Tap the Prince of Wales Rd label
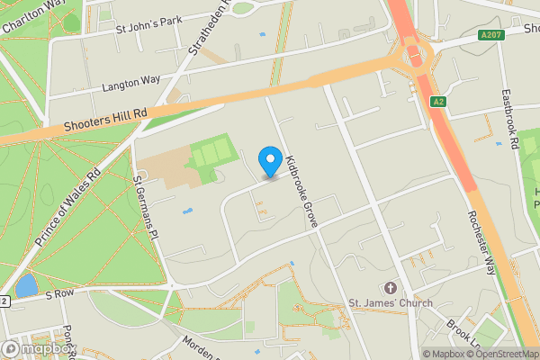tap(68, 209)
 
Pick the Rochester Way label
tap(482, 241)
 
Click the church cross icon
tap(390, 288)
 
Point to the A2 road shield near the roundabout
tap(439, 103)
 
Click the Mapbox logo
tap(40, 348)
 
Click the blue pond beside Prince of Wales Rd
tap(25, 285)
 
